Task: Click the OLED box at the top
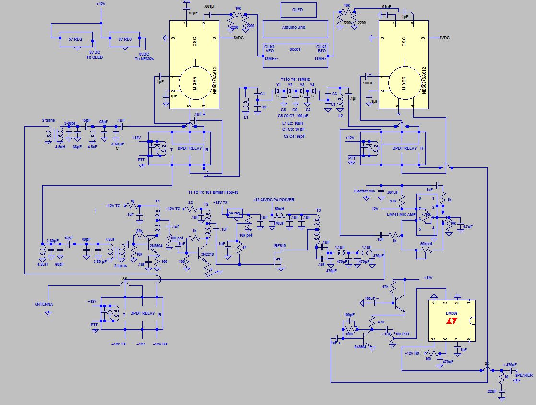point(298,10)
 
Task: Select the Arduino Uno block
point(295,28)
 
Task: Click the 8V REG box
point(124,39)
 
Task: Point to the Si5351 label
point(295,49)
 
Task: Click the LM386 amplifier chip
point(451,321)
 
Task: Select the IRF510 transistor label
point(280,246)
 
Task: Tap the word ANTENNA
point(43,304)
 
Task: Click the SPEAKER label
point(524,375)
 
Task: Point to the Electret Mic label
point(364,191)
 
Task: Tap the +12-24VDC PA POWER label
point(273,200)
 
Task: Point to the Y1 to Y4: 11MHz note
point(295,79)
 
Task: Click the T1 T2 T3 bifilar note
point(213,192)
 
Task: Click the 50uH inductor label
point(279,209)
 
